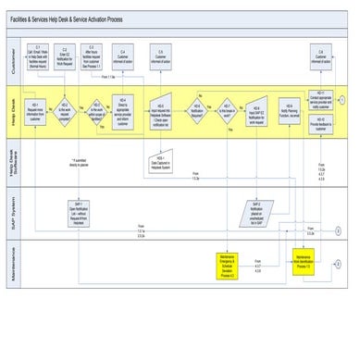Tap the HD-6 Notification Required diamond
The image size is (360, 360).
tap(197, 112)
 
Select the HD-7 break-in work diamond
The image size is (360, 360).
tap(227, 112)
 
